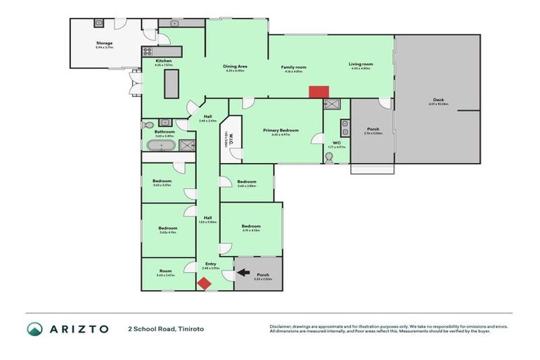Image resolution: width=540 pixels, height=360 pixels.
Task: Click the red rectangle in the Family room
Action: coord(319,92)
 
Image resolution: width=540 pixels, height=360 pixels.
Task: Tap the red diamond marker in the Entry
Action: coord(204,283)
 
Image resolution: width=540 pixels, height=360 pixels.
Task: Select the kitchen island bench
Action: coord(170,84)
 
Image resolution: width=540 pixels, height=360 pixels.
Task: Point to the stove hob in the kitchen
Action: coord(148,51)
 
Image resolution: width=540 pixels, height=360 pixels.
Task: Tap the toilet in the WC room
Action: coord(329,158)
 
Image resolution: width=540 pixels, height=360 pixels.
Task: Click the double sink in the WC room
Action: coord(344,127)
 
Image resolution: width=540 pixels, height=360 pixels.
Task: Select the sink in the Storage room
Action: coord(98,23)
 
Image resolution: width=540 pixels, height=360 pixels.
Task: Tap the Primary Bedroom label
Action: coord(281,130)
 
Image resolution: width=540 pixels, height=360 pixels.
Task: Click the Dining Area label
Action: coord(236,66)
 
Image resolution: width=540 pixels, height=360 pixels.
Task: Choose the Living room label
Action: coord(361,64)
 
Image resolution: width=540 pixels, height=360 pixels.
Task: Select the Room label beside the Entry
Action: coord(165,272)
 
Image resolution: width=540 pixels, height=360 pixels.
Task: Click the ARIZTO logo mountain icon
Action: coord(34,329)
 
